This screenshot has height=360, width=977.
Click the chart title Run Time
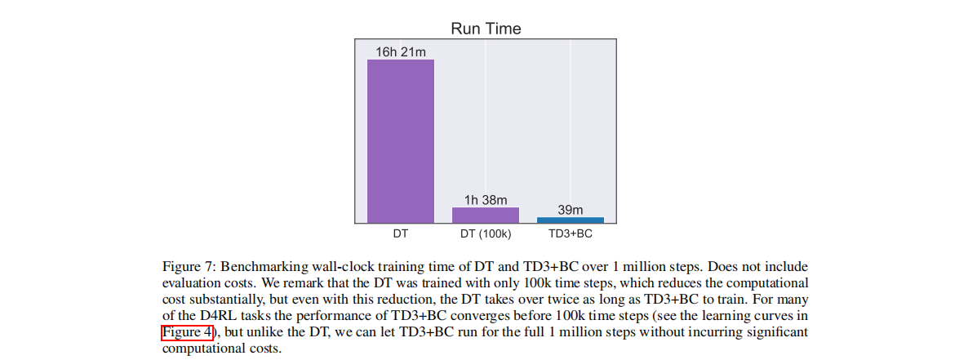pos(486,29)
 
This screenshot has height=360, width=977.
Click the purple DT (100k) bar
pos(486,215)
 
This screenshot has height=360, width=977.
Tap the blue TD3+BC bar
pos(570,220)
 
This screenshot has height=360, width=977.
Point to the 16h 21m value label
pos(400,52)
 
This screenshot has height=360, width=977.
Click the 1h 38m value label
pos(486,200)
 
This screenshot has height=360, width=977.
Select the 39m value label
pos(570,210)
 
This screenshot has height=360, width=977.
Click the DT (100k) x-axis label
pos(486,233)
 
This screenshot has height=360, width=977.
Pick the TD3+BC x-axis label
pos(570,233)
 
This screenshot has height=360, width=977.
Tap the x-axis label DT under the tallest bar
pos(400,233)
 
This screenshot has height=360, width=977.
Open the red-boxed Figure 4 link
pos(187,332)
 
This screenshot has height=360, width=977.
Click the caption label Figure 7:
pos(189,267)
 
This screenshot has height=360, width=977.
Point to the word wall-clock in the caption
pos(331,267)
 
